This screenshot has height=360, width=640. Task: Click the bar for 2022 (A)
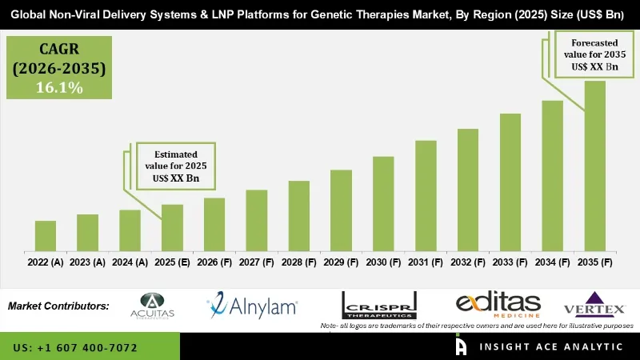click(46, 235)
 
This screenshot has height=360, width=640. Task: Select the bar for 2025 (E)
click(172, 227)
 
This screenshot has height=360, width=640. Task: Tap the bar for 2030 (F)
click(383, 203)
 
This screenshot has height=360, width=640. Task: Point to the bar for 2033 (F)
click(510, 182)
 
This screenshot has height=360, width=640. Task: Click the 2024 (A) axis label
click(130, 262)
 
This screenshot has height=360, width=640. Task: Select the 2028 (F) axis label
click(298, 262)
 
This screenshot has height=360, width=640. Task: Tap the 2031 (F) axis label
click(426, 262)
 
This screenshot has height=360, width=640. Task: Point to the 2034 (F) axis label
click(552, 262)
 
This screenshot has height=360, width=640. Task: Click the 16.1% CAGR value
click(58, 88)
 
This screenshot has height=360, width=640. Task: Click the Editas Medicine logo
click(498, 305)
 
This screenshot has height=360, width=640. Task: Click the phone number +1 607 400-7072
click(75, 348)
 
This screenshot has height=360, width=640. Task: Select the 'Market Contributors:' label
click(58, 306)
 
